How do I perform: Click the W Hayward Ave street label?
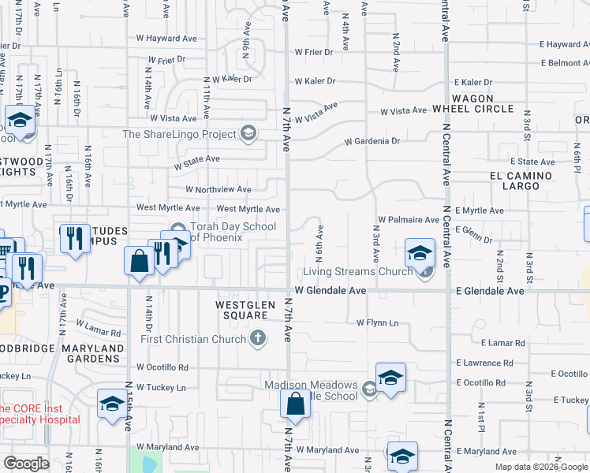tap(166, 37)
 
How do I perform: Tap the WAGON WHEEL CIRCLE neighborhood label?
tap(472, 102)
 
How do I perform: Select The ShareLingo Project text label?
tap(181, 133)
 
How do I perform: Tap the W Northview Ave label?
tap(218, 189)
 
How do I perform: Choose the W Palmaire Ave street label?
tap(408, 219)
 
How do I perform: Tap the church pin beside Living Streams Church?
tap(426, 273)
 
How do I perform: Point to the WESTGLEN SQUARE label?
tap(243, 309)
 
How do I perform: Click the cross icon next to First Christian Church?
tap(257, 339)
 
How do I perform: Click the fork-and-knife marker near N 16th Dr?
tap(75, 238)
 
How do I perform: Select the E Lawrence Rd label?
tap(491, 363)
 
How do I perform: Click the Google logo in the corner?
tap(26, 464)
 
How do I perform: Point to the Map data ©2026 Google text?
tap(540, 467)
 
